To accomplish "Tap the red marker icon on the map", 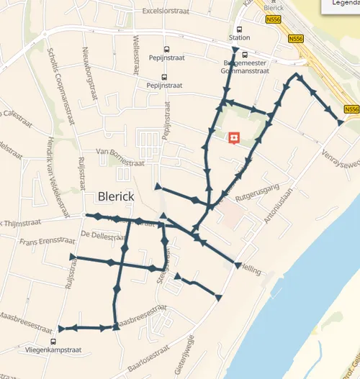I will tap(233, 137).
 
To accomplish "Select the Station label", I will tap(239, 37).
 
